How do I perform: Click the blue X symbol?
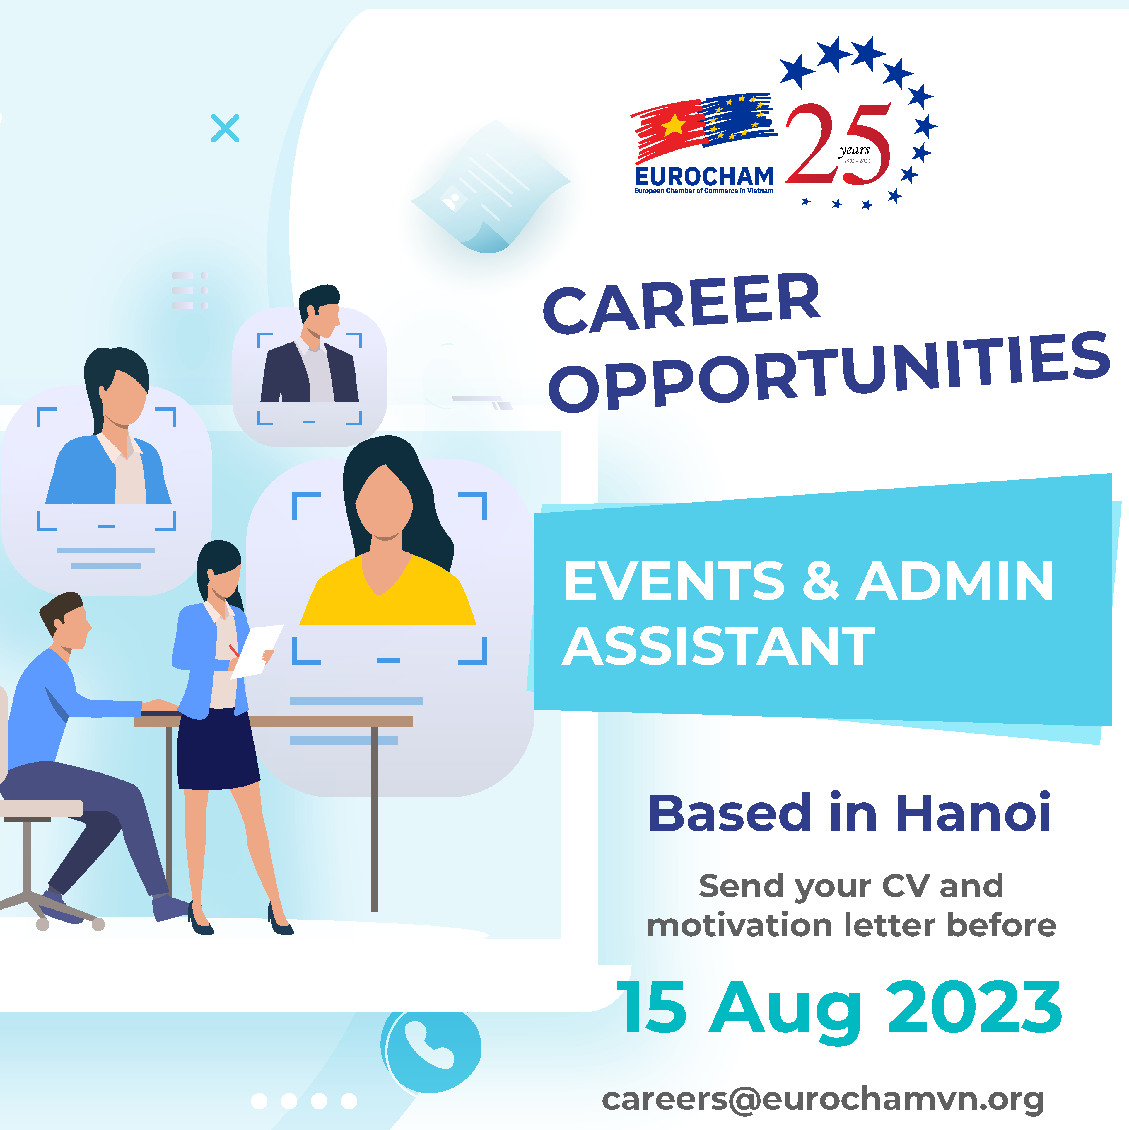[x=225, y=128]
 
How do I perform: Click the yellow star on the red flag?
[x=674, y=125]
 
